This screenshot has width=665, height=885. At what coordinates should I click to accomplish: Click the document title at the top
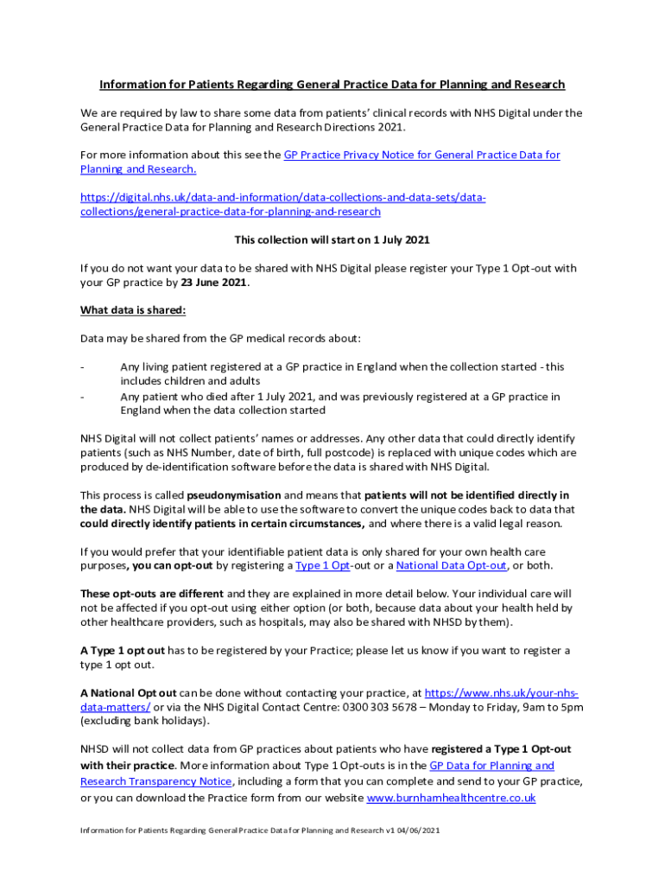pyautogui.click(x=332, y=85)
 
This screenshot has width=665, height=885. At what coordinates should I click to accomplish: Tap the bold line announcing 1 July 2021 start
pyautogui.click(x=332, y=239)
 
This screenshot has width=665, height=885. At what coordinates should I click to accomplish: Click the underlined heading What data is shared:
pyautogui.click(x=133, y=310)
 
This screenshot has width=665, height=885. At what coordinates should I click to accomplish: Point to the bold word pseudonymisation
pyautogui.click(x=234, y=495)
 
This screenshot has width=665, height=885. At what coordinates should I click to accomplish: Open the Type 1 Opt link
pyautogui.click(x=322, y=566)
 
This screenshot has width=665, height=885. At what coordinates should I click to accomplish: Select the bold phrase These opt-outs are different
pyautogui.click(x=151, y=594)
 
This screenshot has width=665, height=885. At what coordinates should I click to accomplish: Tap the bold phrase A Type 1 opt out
pyautogui.click(x=122, y=651)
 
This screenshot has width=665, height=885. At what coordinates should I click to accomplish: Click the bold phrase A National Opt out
pyautogui.click(x=129, y=693)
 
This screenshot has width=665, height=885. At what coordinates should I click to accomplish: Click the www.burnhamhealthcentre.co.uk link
pyautogui.click(x=451, y=799)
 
